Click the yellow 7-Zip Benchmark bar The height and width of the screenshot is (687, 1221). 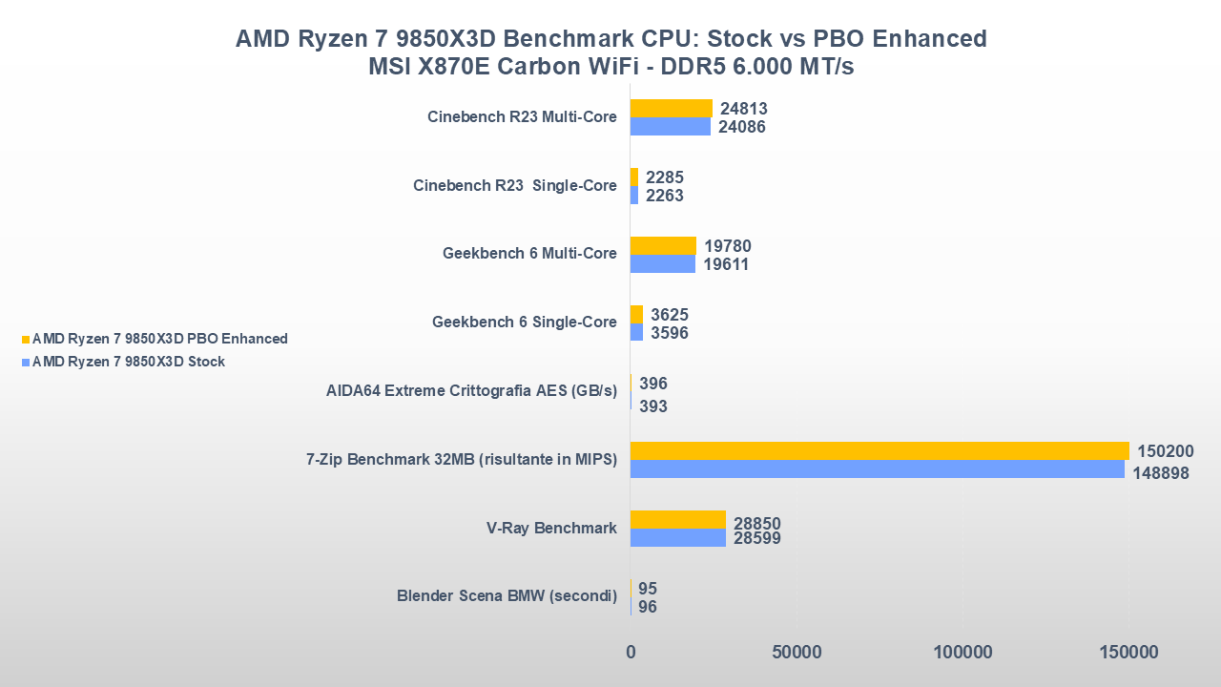tap(880, 450)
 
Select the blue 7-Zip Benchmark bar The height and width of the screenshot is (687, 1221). tap(878, 469)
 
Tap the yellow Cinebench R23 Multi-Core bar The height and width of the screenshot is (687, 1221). tap(671, 108)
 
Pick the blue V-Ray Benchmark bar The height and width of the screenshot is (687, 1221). tap(677, 538)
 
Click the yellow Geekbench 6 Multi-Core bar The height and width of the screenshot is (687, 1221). tap(663, 246)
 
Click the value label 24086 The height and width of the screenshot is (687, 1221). tap(743, 127)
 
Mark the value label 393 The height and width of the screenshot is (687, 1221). tap(653, 406)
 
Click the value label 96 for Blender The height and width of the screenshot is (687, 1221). tap(648, 607)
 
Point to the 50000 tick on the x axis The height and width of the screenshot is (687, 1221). tap(797, 653)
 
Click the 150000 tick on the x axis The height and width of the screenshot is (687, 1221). tap(1128, 653)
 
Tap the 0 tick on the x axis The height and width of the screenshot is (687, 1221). tap(631, 653)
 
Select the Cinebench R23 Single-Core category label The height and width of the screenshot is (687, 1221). tap(514, 185)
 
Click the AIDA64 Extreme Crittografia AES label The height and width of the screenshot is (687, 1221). tap(471, 390)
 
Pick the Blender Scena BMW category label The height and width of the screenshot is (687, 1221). tap(507, 596)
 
